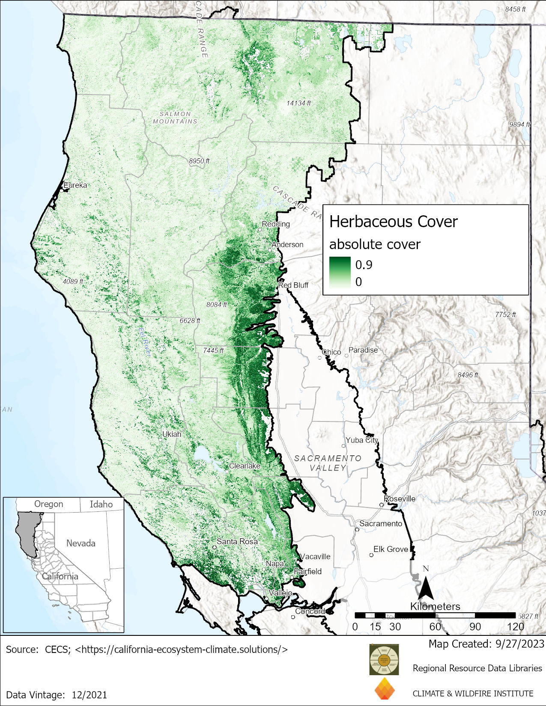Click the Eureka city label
click(x=75, y=185)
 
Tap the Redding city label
click(x=276, y=224)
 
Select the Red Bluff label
click(x=293, y=285)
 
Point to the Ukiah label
click(x=172, y=434)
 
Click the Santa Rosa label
click(x=237, y=541)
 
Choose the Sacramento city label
click(x=381, y=523)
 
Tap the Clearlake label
click(x=245, y=466)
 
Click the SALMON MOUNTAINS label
click(x=175, y=118)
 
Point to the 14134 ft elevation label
click(x=298, y=103)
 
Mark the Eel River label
click(x=145, y=341)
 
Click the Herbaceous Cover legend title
click(x=393, y=222)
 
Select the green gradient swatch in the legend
click(x=340, y=273)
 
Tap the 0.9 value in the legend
click(x=364, y=265)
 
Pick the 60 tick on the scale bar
click(x=435, y=626)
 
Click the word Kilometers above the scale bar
click(x=435, y=606)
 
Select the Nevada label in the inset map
click(x=81, y=543)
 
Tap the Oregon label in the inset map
click(x=48, y=504)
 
